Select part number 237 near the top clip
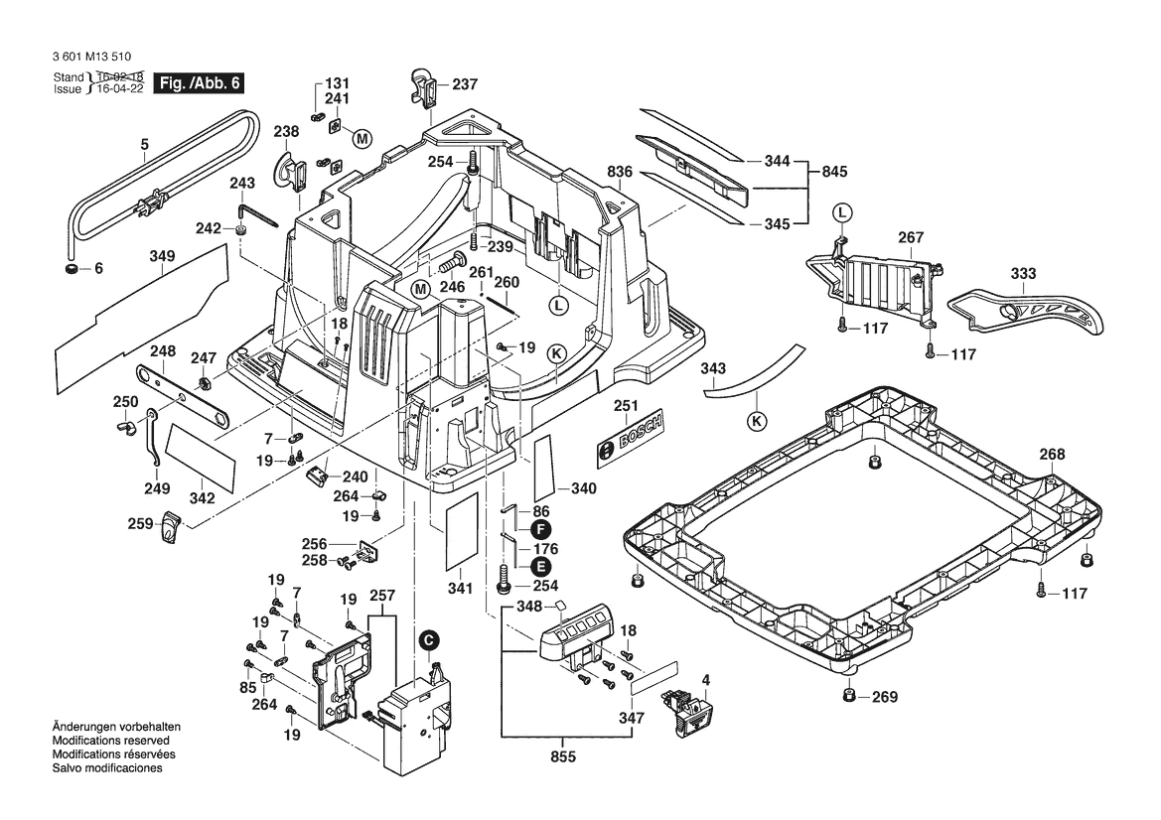[465, 84]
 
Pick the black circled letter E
[540, 567]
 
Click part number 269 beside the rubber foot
[884, 697]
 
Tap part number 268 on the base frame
[1052, 455]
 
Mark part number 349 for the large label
[162, 256]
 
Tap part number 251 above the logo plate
[625, 405]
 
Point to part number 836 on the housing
[620, 172]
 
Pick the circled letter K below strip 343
[758, 421]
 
